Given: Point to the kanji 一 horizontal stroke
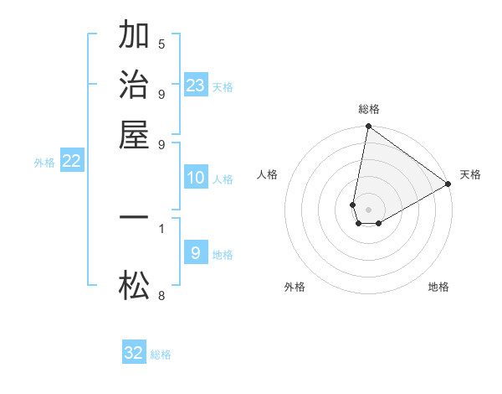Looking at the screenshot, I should [134, 217].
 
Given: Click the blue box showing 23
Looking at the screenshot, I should [196, 85].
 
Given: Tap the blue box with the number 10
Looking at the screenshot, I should [196, 178].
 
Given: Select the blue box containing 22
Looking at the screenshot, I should [72, 162].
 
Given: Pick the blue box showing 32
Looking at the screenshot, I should [134, 353].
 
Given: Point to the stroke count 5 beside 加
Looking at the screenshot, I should [161, 44].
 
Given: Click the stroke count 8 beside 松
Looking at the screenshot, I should [161, 295].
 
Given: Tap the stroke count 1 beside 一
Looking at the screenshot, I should [161, 227].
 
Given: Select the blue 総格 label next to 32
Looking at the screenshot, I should [161, 355].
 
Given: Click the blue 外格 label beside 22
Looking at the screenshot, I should [44, 163].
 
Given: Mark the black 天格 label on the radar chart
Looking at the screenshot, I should [470, 174].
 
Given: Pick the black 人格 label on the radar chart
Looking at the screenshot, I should [268, 174].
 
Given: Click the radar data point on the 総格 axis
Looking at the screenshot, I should [368, 127].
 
